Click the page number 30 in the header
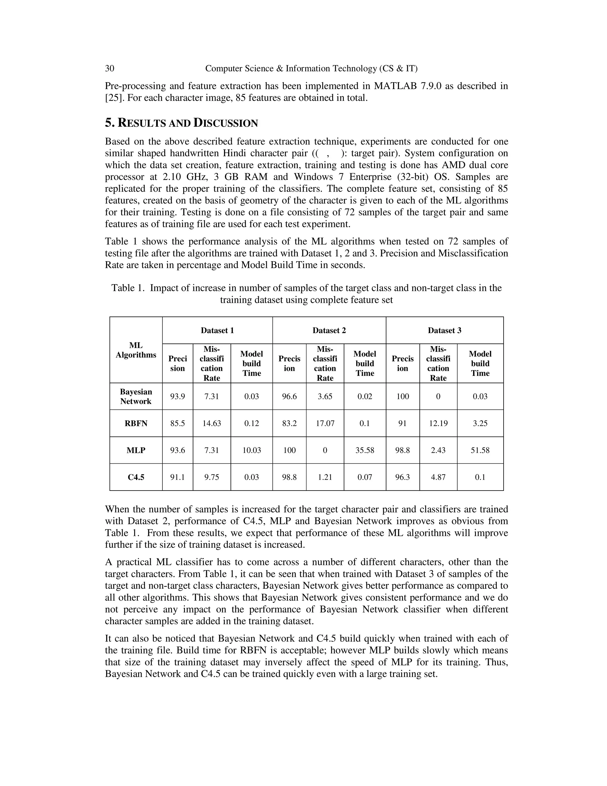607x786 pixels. click(109, 69)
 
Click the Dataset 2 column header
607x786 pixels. click(329, 330)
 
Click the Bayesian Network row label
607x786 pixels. click(136, 396)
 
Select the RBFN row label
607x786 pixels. click(136, 423)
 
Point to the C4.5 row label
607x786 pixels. click(136, 477)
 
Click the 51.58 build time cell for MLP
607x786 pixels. click(480, 450)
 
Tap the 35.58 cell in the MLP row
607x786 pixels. click(365, 450)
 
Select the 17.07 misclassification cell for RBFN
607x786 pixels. click(325, 423)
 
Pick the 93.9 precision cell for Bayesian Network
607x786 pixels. click(177, 396)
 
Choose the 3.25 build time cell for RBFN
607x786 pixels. click(480, 423)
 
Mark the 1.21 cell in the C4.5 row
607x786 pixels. click(325, 477)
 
